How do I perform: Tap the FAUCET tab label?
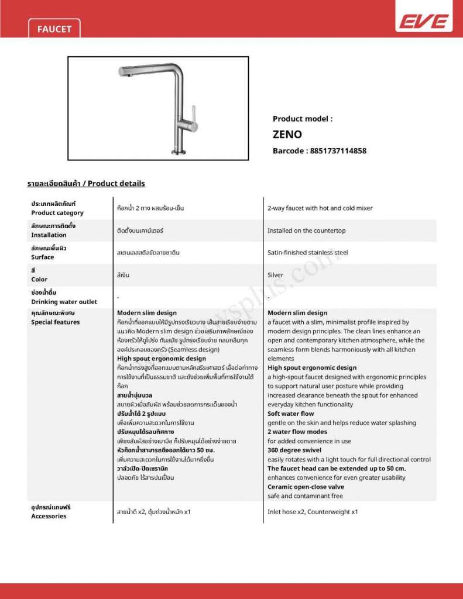(x=54, y=29)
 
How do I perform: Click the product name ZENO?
(x=287, y=134)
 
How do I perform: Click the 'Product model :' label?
(x=303, y=118)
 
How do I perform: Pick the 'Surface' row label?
(x=42, y=257)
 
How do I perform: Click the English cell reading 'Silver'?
(x=275, y=275)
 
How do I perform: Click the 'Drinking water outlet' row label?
(x=64, y=302)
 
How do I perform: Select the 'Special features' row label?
(x=55, y=322)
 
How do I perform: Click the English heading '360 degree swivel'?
(x=296, y=450)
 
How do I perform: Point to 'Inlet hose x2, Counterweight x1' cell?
(x=313, y=512)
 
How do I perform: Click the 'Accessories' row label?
(x=49, y=516)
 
